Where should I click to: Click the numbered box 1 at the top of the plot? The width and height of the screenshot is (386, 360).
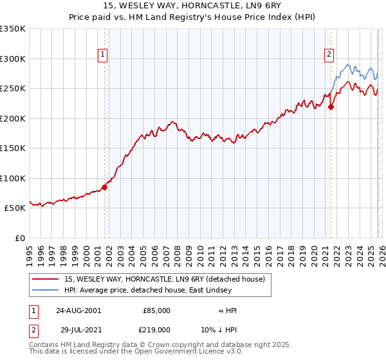104,55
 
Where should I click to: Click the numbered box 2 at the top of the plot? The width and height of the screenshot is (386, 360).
329,55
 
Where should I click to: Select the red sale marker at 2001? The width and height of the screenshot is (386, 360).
104,188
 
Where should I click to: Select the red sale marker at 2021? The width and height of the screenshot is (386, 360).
331,107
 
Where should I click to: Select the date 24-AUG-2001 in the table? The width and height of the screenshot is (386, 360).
78,310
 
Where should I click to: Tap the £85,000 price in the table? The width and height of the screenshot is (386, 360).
156,310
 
